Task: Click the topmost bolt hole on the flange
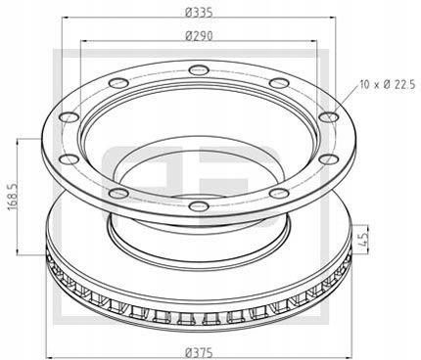[x=201, y=69]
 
